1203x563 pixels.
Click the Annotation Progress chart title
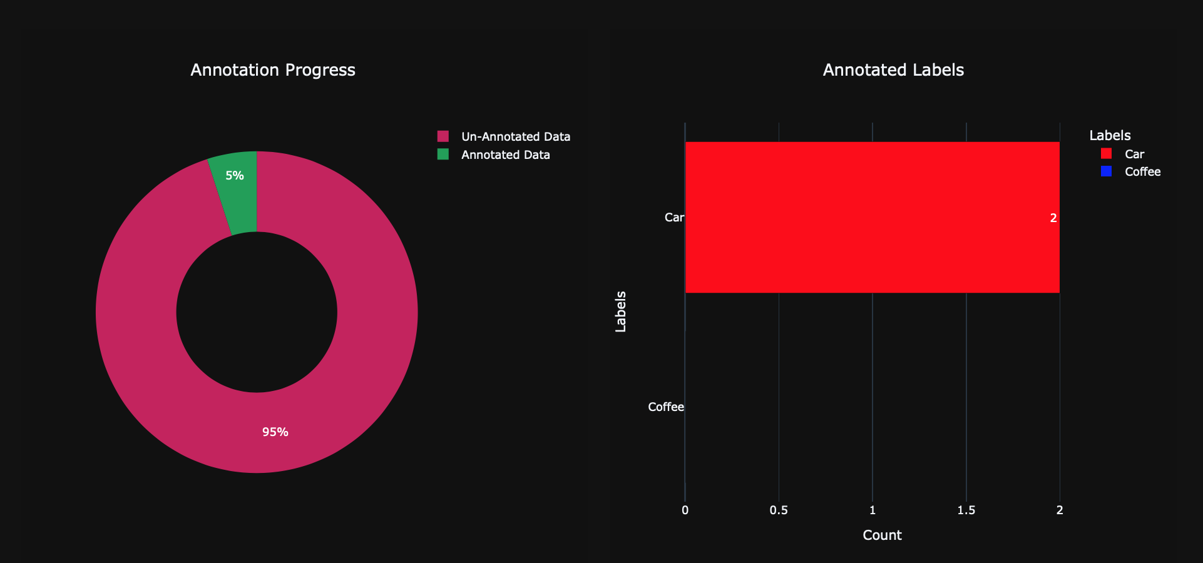273,70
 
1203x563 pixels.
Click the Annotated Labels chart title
893,70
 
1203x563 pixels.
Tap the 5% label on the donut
235,176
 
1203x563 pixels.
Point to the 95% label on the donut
275,432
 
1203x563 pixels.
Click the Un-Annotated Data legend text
516,137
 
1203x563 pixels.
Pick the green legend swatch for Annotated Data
443,155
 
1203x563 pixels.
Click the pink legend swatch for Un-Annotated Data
443,136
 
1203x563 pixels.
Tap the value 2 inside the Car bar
1053,218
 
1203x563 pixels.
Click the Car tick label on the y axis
674,218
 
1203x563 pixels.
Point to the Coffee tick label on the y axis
666,407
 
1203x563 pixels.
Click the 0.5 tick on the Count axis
779,510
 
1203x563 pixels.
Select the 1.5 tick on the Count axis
966,510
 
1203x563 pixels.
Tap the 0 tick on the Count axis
685,510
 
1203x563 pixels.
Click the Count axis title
882,535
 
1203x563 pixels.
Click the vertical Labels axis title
621,312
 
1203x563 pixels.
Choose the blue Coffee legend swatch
1107,171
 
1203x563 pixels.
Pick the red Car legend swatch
1107,154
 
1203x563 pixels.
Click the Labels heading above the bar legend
1110,136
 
